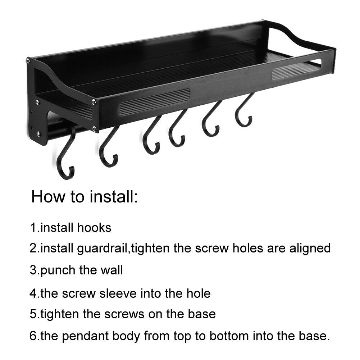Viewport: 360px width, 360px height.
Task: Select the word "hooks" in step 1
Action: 94,228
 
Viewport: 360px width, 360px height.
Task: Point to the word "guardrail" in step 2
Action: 102,249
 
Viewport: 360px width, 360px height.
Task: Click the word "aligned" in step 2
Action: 310,249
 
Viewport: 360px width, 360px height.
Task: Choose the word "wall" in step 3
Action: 112,270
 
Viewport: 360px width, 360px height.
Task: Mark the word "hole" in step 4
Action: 199,294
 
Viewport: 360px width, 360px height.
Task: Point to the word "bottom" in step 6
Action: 229,336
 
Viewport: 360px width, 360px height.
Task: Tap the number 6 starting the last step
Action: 33,336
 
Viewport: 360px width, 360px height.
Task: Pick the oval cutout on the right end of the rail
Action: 297,69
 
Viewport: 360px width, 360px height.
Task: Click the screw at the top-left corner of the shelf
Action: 28,61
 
